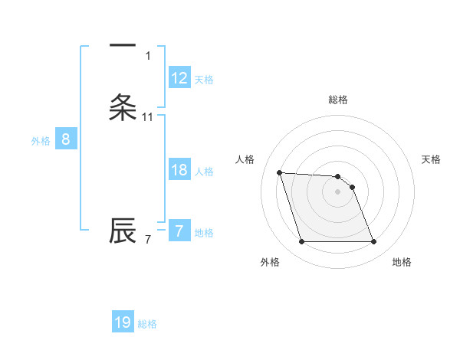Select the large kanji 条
[x=123, y=107]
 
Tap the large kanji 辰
[x=123, y=231]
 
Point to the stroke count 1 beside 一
[x=148, y=56]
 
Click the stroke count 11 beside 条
[x=148, y=117]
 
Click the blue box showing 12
[x=179, y=78]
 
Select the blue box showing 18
[x=179, y=170]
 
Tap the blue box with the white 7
[x=179, y=231]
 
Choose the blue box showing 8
[x=66, y=139]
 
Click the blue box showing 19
[x=123, y=322]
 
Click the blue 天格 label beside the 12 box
[x=204, y=79]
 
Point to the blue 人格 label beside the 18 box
[x=204, y=171]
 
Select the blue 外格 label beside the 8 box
[x=41, y=140]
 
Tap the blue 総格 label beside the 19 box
[x=147, y=323]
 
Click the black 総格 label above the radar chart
[x=338, y=100]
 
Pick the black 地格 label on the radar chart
[x=402, y=262]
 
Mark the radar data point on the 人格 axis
[x=279, y=172]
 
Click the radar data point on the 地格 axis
[x=373, y=242]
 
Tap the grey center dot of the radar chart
[x=338, y=192]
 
